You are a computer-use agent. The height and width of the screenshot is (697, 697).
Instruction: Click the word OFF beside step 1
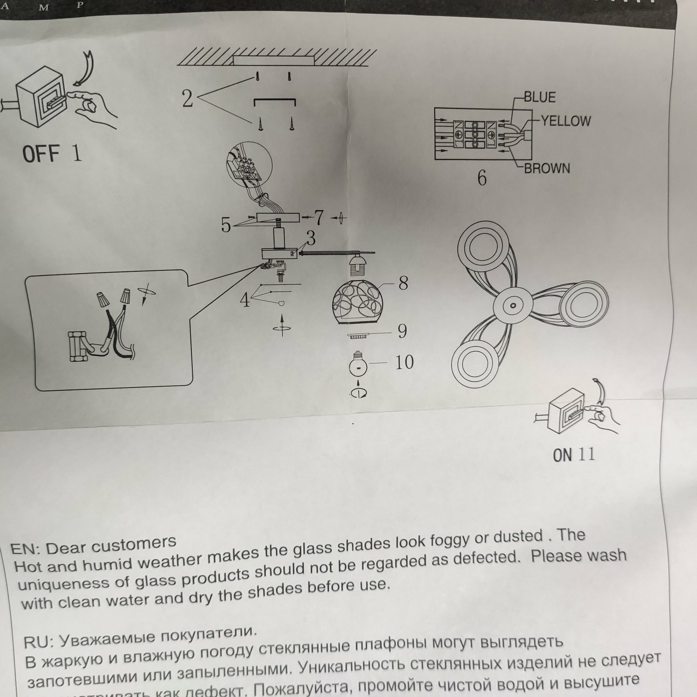41,154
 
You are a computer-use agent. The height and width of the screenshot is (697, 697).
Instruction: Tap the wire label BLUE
539,97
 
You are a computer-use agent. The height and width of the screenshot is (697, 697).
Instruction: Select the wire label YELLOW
565,121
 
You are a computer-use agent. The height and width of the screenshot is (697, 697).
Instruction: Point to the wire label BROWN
547,168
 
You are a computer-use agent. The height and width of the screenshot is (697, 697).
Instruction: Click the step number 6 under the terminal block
482,178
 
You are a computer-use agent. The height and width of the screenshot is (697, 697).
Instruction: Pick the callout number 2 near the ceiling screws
187,99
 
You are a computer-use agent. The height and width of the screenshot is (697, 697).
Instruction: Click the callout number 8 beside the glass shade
403,283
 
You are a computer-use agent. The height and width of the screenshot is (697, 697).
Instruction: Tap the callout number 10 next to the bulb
404,362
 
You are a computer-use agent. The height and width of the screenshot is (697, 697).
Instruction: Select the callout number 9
402,331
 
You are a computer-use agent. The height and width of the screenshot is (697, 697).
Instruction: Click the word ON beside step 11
562,455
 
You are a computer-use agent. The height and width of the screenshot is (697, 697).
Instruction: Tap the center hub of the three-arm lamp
513,306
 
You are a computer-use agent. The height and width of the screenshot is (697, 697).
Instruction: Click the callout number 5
226,225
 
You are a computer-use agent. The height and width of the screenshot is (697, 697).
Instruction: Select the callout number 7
319,217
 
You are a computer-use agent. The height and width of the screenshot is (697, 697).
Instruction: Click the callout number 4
245,301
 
